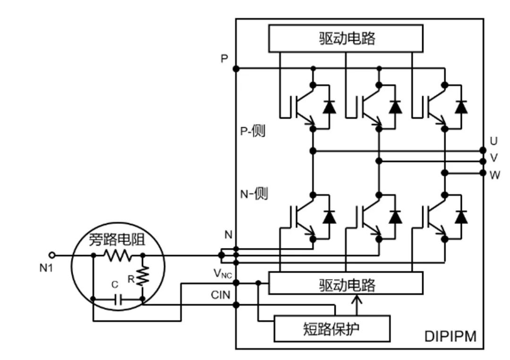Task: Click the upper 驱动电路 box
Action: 346,38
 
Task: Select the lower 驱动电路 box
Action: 346,285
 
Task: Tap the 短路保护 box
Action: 332,328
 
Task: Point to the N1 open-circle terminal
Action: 52,256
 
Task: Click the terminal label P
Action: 224,59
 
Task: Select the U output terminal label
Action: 493,141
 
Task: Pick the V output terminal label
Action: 493,158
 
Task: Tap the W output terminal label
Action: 494,175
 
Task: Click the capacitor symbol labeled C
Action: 118,299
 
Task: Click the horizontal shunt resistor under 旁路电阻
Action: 117,256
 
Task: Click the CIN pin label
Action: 221,295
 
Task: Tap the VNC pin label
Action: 222,274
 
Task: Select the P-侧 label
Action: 253,131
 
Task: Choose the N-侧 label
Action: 254,194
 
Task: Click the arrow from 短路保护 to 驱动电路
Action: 357,305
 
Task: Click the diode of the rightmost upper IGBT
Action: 461,107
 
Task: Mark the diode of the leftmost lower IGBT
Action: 329,217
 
